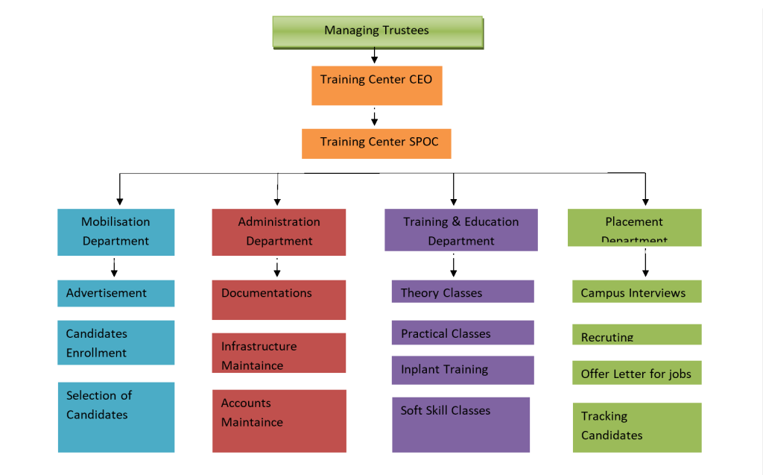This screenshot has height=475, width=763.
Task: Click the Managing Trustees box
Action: [x=377, y=32]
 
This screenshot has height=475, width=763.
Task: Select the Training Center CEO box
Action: [x=376, y=85]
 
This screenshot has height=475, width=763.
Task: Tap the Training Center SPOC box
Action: [x=376, y=143]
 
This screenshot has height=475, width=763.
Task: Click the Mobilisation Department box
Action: [x=116, y=232]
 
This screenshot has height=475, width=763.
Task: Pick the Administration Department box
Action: [x=279, y=232]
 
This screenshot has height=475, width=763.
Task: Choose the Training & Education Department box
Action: [x=460, y=230]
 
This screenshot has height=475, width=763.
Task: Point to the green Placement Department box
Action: [x=634, y=227]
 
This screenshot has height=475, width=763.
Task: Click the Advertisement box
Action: [x=116, y=293]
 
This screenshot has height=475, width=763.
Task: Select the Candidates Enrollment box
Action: [x=116, y=342]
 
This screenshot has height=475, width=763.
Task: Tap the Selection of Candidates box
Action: [x=116, y=417]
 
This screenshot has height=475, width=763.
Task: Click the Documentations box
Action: [x=279, y=300]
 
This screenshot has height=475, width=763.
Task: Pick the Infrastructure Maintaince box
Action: [x=279, y=353]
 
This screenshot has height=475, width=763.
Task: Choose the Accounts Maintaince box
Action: [x=279, y=421]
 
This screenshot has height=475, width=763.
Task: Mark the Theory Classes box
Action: [x=462, y=292]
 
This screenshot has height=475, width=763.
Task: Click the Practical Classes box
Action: [x=462, y=333]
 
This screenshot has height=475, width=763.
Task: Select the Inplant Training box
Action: [x=462, y=370]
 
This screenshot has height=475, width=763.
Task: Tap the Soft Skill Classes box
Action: [x=460, y=424]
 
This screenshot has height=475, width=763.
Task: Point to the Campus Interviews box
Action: [x=636, y=292]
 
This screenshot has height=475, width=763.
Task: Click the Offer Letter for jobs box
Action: [x=636, y=373]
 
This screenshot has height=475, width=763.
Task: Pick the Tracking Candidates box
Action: [x=636, y=427]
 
